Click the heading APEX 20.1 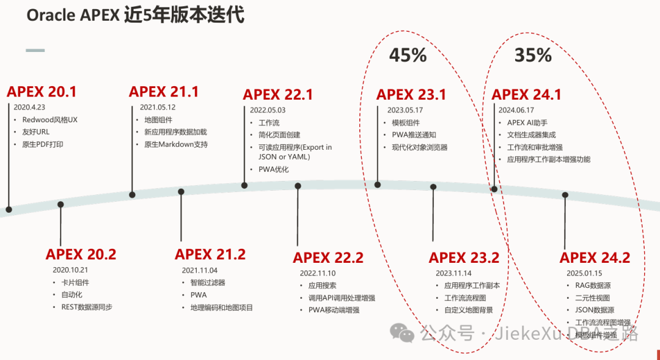tap(42, 92)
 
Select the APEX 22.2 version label tap(328, 257)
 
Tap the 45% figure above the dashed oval tap(408, 55)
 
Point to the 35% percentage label tap(533, 55)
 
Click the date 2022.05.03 tap(268, 111)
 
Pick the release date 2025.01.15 tap(584, 273)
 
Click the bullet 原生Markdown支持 tap(176, 144)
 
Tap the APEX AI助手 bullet tap(527, 123)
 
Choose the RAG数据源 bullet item tap(593, 285)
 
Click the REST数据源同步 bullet tap(87, 307)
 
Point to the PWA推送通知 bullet tap(414, 135)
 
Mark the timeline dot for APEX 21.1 tap(132, 195)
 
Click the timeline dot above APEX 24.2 tap(565, 195)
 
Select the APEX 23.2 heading tap(464, 257)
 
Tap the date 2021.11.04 tap(199, 270)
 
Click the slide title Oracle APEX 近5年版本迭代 tap(136, 15)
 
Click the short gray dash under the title tap(35, 50)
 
